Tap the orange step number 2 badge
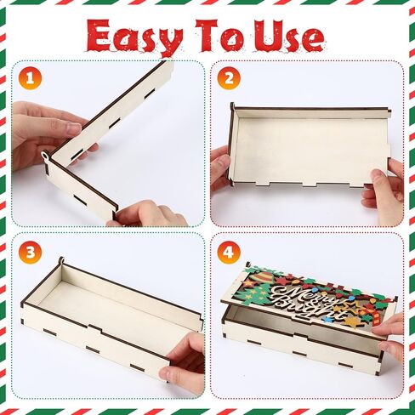[228, 79]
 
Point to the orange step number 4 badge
[228, 252]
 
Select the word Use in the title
[288, 37]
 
